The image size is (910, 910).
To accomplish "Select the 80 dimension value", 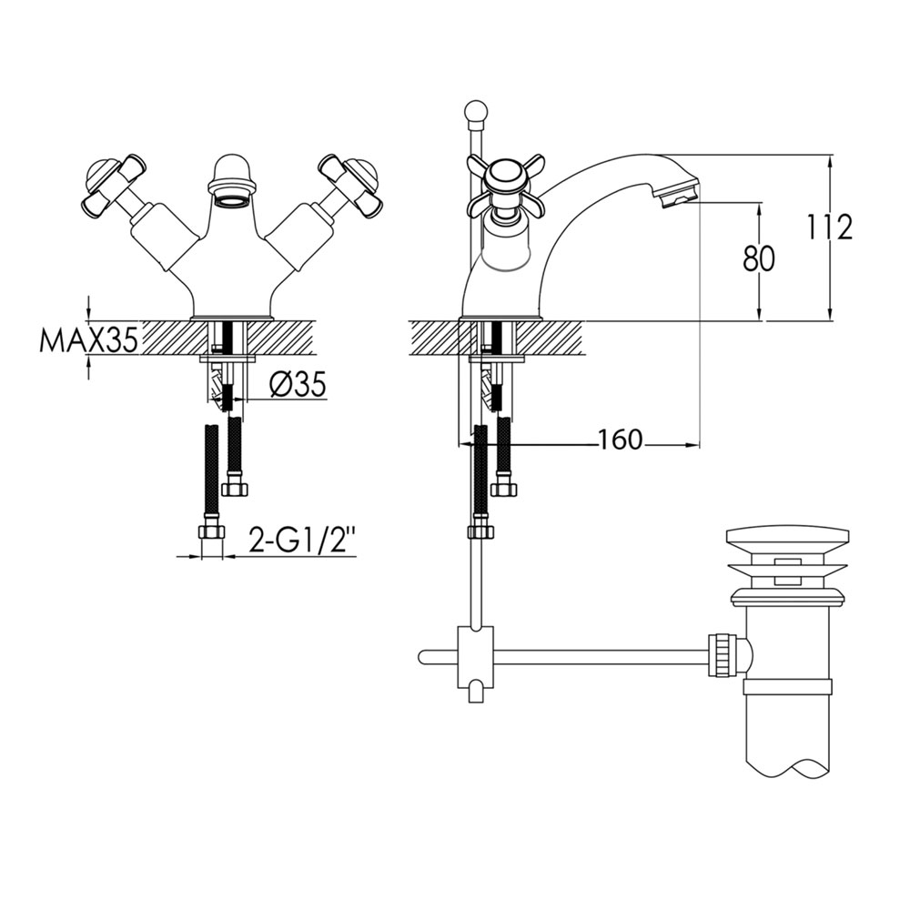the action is coord(759,258).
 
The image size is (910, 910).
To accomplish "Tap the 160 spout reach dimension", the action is coord(620,440).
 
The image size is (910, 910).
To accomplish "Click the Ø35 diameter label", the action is coord(298,384).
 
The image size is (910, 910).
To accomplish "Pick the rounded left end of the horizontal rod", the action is coord(422,657).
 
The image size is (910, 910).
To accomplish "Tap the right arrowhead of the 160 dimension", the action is coord(693,445).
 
